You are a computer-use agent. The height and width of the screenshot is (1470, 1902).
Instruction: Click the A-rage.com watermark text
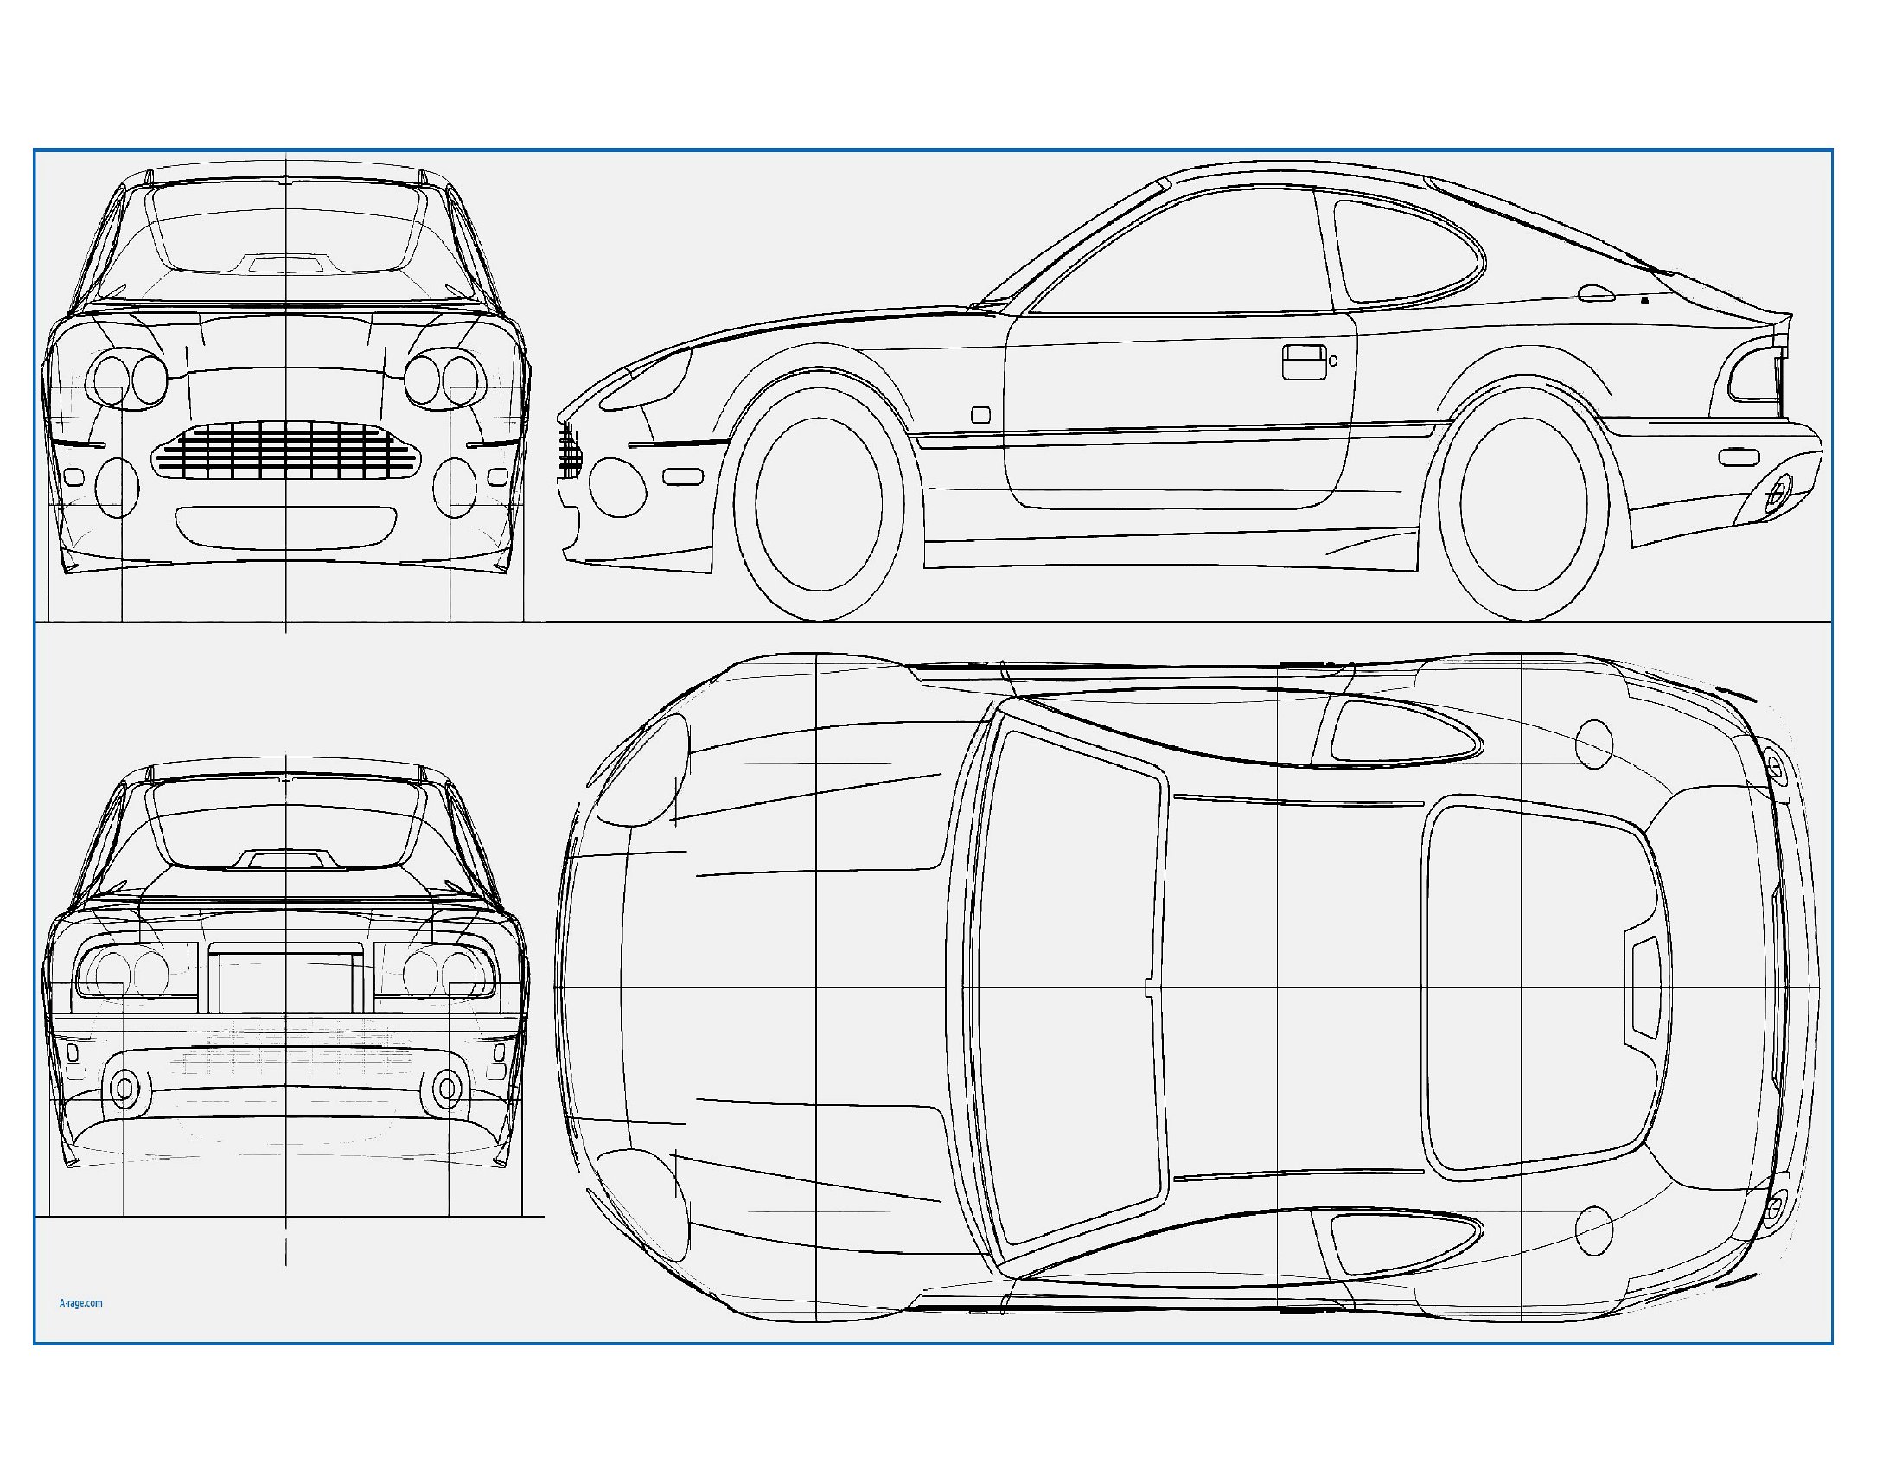[x=81, y=1303]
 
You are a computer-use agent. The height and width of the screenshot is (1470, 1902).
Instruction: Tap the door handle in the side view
[x=1305, y=361]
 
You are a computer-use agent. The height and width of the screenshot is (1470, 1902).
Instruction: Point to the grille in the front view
[x=285, y=451]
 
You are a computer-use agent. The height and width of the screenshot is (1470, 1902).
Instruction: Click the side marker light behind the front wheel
[x=980, y=414]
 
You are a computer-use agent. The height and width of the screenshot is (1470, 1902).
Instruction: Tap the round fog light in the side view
[x=617, y=489]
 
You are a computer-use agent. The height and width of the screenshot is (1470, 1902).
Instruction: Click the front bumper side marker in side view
[x=682, y=476]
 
